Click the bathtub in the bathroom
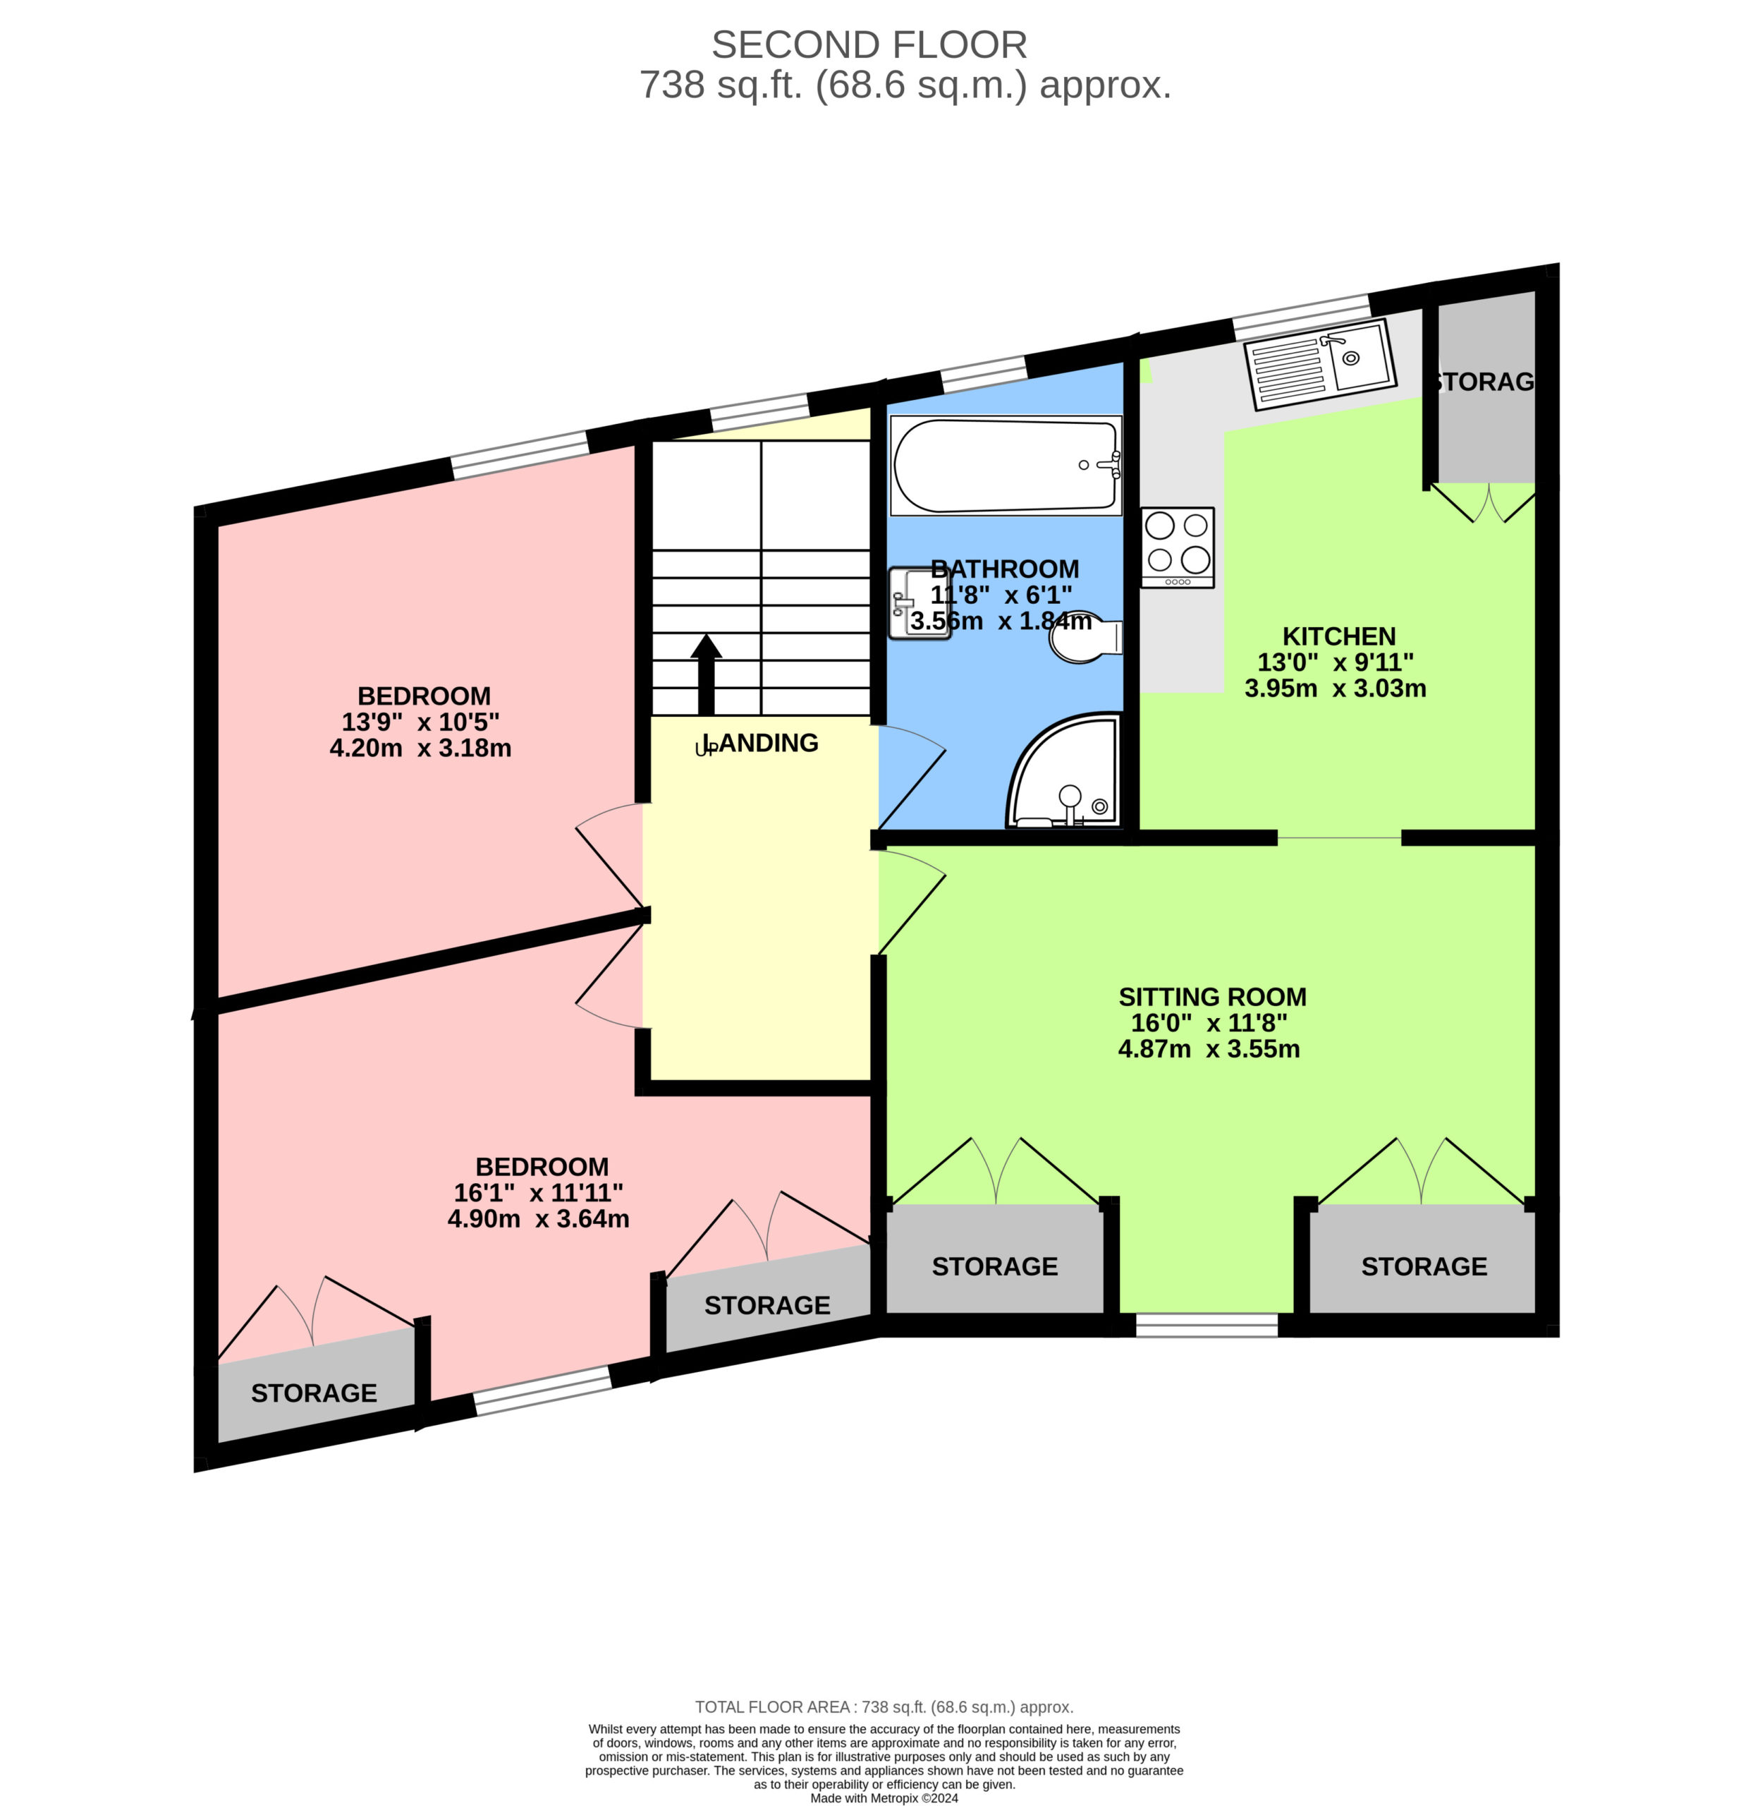coord(1006,466)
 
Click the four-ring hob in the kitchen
coord(1178,547)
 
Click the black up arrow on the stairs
coord(707,674)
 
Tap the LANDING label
coord(757,743)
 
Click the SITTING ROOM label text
coord(1212,996)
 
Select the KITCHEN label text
coord(1338,636)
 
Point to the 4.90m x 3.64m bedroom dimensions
coord(538,1218)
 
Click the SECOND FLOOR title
coord(869,44)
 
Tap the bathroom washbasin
coord(908,604)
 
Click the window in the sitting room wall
coord(1207,1324)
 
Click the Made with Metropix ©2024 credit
coord(884,1798)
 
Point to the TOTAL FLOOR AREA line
coord(884,1707)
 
